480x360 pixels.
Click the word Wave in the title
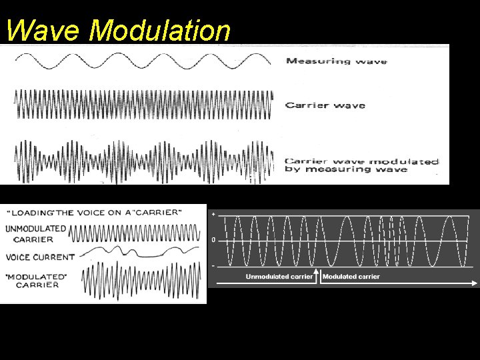pyautogui.click(x=43, y=30)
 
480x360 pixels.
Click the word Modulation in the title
pyautogui.click(x=160, y=30)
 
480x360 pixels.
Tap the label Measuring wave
pyautogui.click(x=336, y=61)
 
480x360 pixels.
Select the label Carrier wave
pyautogui.click(x=325, y=105)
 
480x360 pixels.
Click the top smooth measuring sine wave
pyautogui.click(x=143, y=61)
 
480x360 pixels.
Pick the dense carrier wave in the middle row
pyautogui.click(x=143, y=104)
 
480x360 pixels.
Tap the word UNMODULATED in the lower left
pyautogui.click(x=35, y=228)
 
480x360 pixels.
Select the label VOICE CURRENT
pyautogui.click(x=40, y=257)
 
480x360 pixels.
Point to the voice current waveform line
pyautogui.click(x=140, y=251)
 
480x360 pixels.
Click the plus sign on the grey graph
pyautogui.click(x=213, y=215)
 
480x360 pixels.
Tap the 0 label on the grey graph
pyautogui.click(x=213, y=239)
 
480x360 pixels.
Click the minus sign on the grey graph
pyautogui.click(x=213, y=266)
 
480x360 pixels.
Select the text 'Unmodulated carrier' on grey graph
pyautogui.click(x=279, y=277)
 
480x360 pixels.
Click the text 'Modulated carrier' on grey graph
pyautogui.click(x=351, y=277)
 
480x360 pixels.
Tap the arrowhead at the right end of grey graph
pyautogui.click(x=475, y=283)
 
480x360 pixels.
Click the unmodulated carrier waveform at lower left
pyautogui.click(x=133, y=233)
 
